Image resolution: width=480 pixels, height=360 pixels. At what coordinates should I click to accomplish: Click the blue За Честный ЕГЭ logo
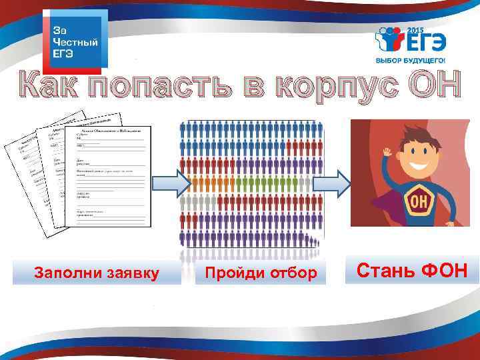coord(74,42)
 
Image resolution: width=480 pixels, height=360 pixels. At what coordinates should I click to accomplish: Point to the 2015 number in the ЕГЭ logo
coord(415,31)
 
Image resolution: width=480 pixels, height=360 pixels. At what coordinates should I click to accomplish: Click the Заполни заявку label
coord(97,273)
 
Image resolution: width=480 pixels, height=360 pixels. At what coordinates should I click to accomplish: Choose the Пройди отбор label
coord(260,273)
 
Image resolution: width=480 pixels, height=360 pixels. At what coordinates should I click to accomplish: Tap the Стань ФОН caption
coord(411,271)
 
